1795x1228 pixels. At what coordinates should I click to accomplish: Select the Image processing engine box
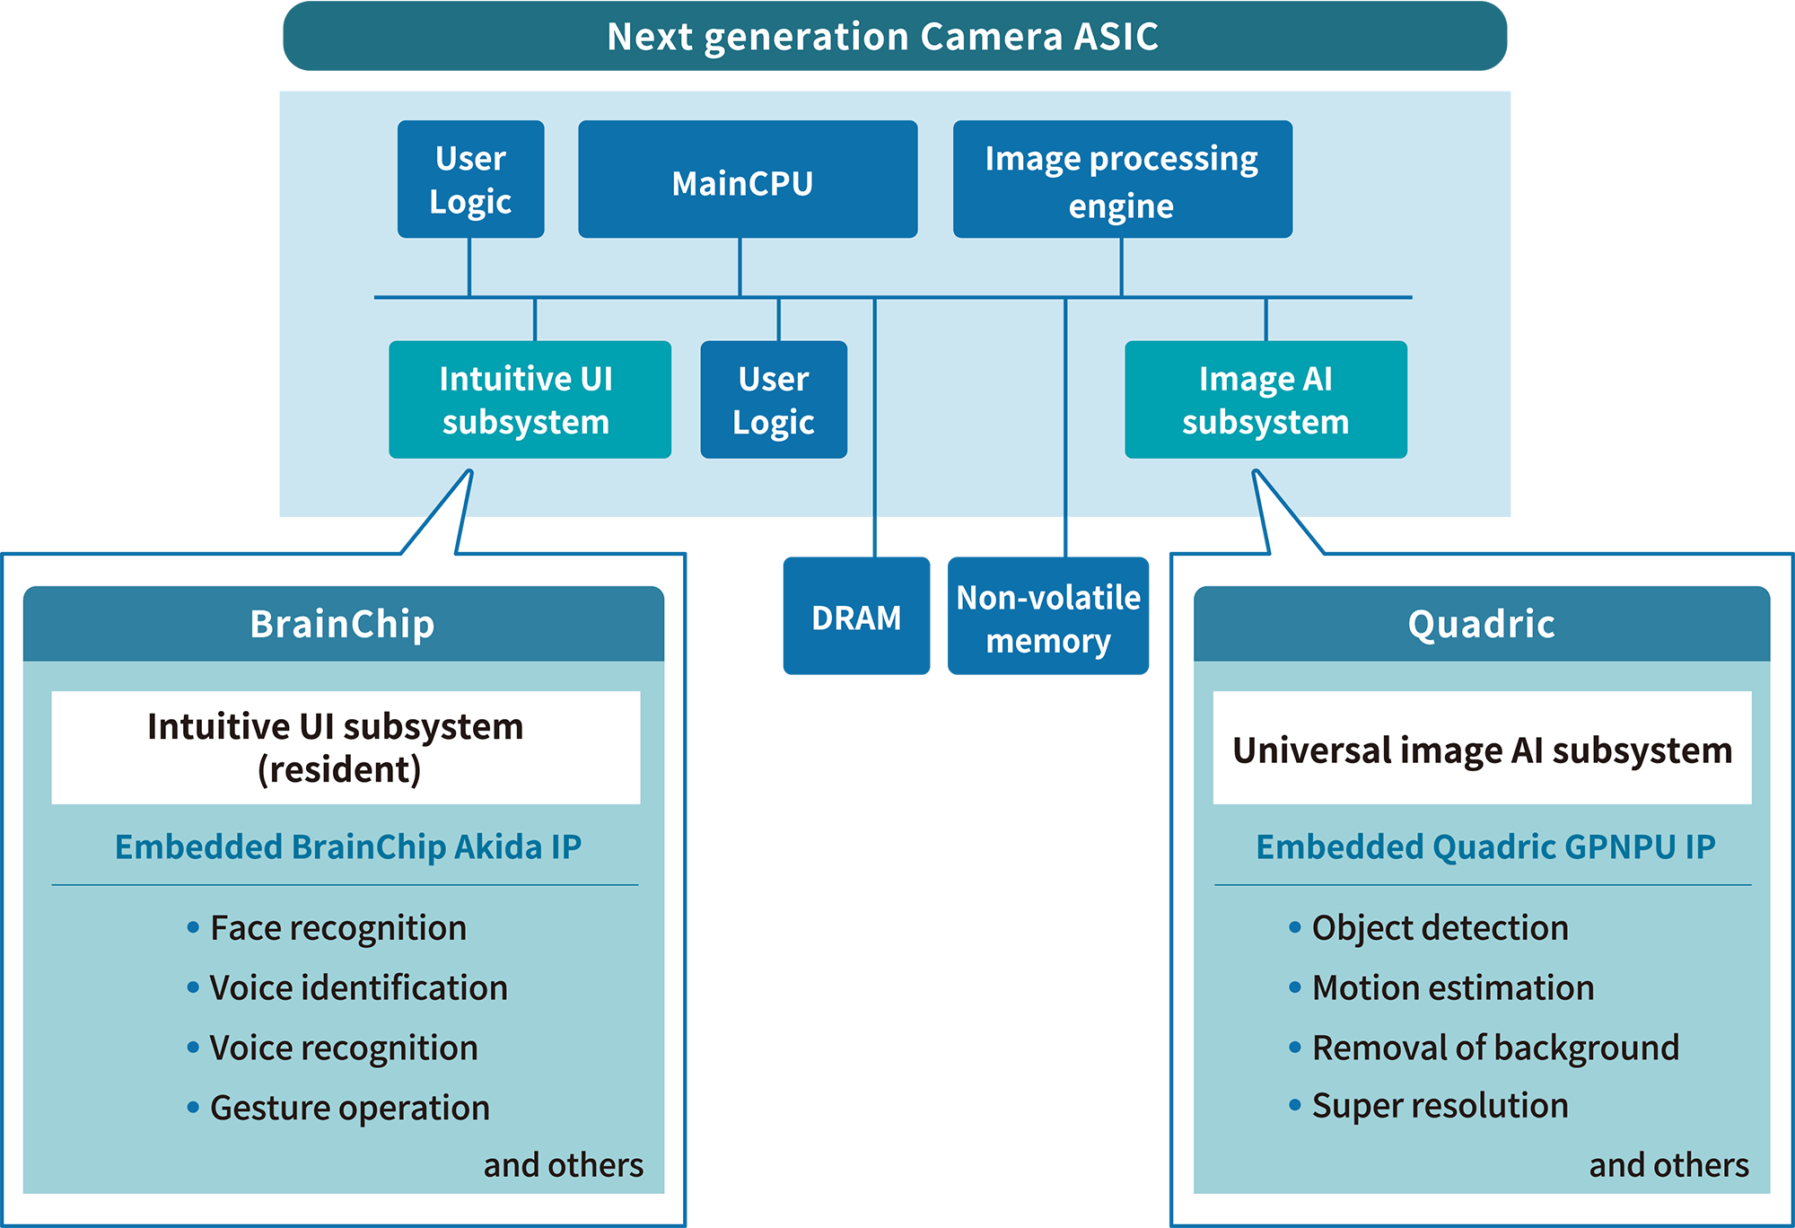pyautogui.click(x=1122, y=180)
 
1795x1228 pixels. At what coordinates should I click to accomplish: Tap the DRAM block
pyautogui.click(x=856, y=617)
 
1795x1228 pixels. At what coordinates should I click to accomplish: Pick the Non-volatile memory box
pyautogui.click(x=1047, y=617)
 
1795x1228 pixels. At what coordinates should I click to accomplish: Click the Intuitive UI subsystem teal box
pyautogui.click(x=530, y=399)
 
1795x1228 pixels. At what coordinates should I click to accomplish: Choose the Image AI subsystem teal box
pyautogui.click(x=1265, y=399)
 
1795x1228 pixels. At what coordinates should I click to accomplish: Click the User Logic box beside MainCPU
pyautogui.click(x=470, y=180)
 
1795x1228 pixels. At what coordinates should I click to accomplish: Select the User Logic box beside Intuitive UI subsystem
pyautogui.click(x=773, y=399)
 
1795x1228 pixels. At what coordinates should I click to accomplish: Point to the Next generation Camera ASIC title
pyautogui.click(x=883, y=37)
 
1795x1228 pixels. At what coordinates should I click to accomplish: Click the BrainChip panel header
pyautogui.click(x=343, y=624)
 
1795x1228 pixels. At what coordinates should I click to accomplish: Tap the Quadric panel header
pyautogui.click(x=1481, y=624)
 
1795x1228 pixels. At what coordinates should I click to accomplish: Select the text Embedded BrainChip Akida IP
pyautogui.click(x=348, y=846)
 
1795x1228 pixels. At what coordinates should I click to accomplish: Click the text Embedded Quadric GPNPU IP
pyautogui.click(x=1485, y=846)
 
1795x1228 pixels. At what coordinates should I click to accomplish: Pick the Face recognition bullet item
pyautogui.click(x=337, y=928)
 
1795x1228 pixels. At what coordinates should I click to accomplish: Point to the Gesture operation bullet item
pyautogui.click(x=349, y=1108)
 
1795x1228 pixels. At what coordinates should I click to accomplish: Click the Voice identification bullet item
pyautogui.click(x=358, y=987)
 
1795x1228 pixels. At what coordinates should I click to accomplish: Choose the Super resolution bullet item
pyautogui.click(x=1440, y=1106)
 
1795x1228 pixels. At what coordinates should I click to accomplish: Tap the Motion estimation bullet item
pyautogui.click(x=1452, y=987)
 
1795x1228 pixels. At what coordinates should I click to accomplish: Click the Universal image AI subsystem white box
pyautogui.click(x=1482, y=749)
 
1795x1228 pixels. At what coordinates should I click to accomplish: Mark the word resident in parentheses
pyautogui.click(x=339, y=770)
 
